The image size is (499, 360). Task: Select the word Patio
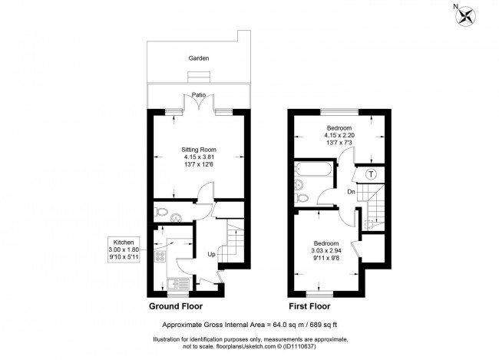(x=200, y=95)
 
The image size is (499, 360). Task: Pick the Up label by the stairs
(x=211, y=253)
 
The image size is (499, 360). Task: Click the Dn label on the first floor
(x=351, y=191)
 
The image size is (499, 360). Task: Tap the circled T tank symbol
(x=372, y=173)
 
